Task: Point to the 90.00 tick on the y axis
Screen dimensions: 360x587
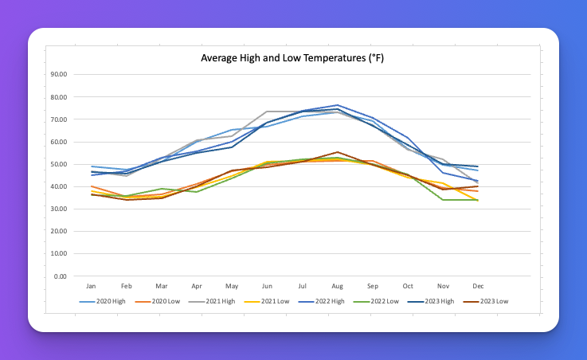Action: click(58, 75)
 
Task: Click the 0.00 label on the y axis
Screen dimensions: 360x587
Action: click(61, 276)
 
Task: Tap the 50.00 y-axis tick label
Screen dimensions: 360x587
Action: click(58, 164)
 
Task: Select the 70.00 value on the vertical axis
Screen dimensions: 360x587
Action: click(58, 119)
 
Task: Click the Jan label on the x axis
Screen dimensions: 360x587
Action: click(92, 285)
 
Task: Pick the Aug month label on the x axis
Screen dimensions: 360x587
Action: click(338, 285)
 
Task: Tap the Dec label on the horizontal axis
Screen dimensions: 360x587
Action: click(479, 285)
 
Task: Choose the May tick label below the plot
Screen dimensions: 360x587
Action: click(233, 285)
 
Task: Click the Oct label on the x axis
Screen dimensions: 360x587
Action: click(408, 285)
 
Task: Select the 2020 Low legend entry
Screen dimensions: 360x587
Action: click(162, 301)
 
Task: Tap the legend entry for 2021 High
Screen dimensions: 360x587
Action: click(215, 301)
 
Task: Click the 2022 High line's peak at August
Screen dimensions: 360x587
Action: click(338, 105)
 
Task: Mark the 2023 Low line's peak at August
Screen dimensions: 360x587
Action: click(338, 152)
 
